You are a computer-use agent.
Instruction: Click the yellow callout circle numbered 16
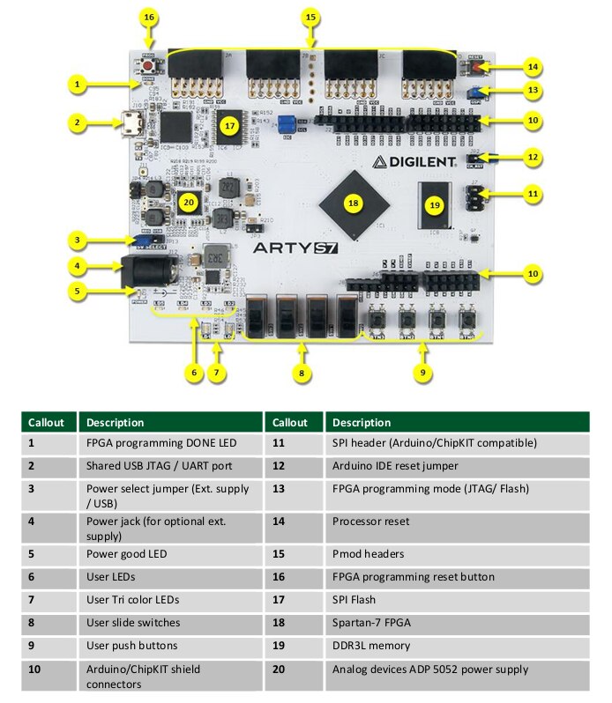point(148,17)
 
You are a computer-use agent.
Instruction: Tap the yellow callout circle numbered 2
point(78,122)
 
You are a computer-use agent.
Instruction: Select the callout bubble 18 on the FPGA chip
point(354,203)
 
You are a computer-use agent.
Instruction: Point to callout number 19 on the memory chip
point(434,204)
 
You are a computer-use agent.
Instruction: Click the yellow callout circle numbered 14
point(531,66)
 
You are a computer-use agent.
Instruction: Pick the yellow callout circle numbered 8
point(302,373)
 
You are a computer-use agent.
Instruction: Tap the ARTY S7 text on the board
point(295,248)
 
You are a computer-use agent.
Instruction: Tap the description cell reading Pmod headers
point(369,554)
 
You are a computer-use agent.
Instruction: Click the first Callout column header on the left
point(46,422)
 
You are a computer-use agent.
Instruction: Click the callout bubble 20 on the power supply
point(187,202)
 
